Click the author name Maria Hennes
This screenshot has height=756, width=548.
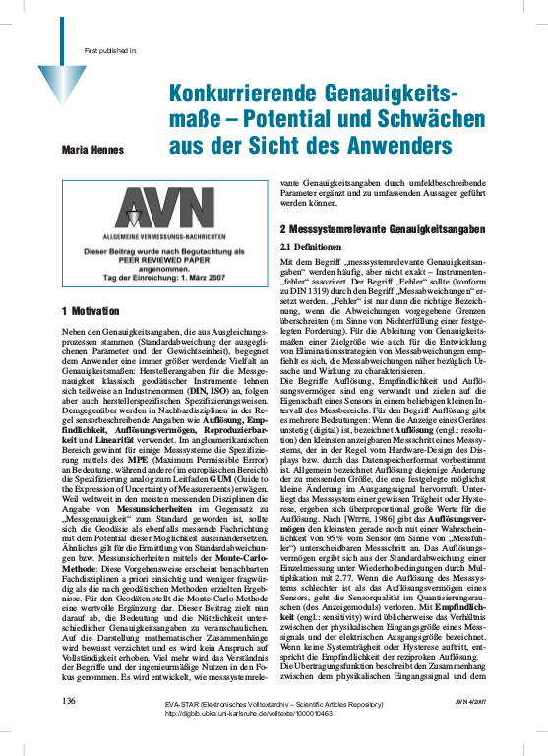(89, 149)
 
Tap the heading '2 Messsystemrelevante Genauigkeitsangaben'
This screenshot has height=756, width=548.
(382, 229)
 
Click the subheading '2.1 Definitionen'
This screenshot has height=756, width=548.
(312, 246)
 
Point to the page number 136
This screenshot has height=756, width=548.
(69, 727)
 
